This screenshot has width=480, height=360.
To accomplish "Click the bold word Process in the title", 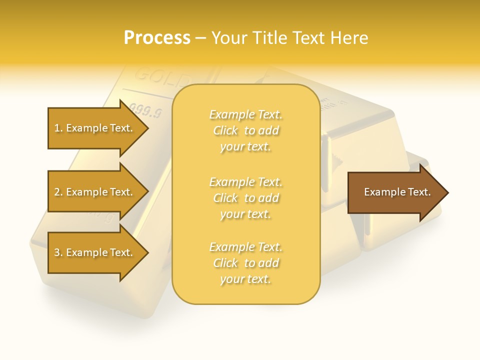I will click(x=157, y=38).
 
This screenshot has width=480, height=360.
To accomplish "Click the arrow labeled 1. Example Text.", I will click(x=95, y=128).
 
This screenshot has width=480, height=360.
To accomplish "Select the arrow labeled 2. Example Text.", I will click(x=95, y=192).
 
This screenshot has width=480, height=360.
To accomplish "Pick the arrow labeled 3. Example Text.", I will click(x=95, y=253).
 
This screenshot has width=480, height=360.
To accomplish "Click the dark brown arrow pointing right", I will click(x=395, y=192).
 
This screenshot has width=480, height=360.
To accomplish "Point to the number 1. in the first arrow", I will click(x=58, y=128).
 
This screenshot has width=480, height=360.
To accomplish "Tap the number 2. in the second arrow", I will click(x=58, y=192).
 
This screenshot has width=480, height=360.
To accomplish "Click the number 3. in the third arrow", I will click(x=58, y=253).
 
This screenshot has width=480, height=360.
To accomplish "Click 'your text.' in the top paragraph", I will click(x=245, y=147).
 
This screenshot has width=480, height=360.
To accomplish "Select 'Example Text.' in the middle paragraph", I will click(x=245, y=182).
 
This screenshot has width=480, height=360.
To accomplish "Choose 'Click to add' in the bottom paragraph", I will click(x=245, y=263).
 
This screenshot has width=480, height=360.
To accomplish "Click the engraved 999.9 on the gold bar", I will click(x=145, y=110).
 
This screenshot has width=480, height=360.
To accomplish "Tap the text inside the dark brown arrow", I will click(x=397, y=192).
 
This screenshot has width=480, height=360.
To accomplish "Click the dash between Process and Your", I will click(x=200, y=38).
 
